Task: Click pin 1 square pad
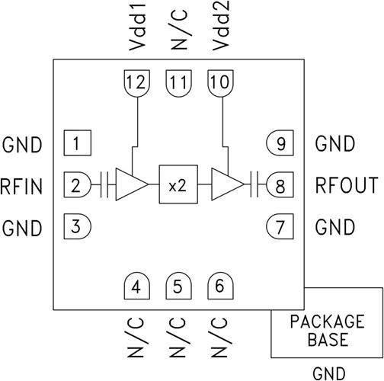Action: point(78,142)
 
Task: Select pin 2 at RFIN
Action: point(77,184)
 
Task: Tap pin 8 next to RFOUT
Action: point(280,184)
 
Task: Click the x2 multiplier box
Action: point(178,184)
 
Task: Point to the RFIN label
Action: point(21,187)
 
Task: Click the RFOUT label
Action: point(347,185)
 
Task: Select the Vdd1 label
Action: point(137,27)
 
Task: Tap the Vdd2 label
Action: point(221,25)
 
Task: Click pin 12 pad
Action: point(137,83)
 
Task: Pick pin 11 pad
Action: point(178,83)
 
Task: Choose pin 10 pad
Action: point(220,83)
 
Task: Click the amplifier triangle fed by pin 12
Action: point(132,184)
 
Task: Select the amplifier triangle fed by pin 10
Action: point(228,184)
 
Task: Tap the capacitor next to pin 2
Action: point(104,184)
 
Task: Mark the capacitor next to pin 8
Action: point(254,184)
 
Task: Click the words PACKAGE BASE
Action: point(328,331)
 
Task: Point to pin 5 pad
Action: point(178,286)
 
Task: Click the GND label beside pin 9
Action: point(335,144)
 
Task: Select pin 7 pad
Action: point(280,226)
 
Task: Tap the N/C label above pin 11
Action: point(179,30)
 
